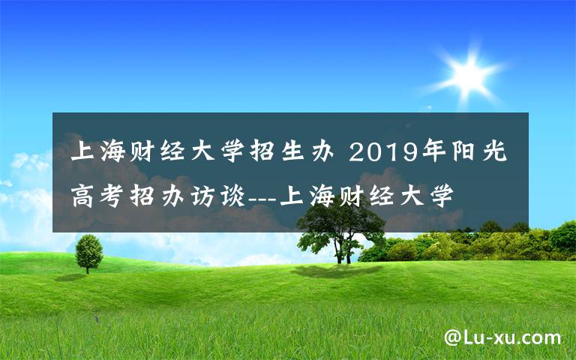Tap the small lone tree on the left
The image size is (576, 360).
click(88, 251)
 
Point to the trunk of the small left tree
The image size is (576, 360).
click(88, 267)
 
